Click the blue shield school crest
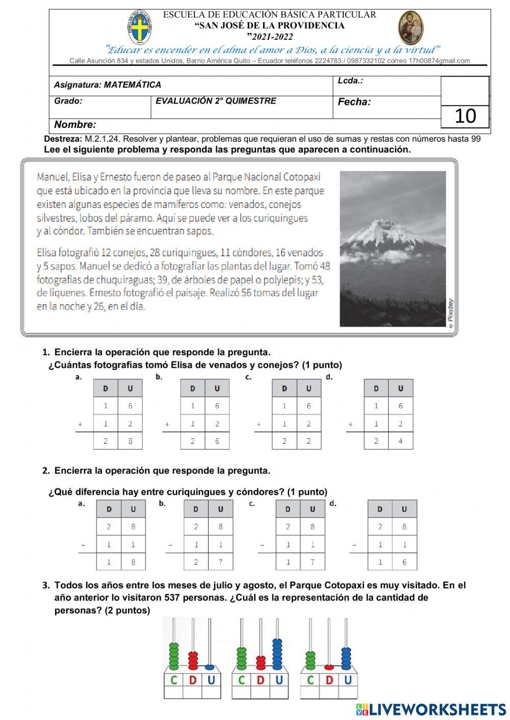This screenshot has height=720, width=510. pyautogui.click(x=139, y=28)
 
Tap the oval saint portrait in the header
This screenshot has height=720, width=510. pyautogui.click(x=410, y=28)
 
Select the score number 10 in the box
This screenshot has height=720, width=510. pyautogui.click(x=465, y=116)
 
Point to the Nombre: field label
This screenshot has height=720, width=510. pyautogui.click(x=75, y=125)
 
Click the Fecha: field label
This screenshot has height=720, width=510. pyautogui.click(x=354, y=102)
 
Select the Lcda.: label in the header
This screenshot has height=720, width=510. pyautogui.click(x=350, y=81)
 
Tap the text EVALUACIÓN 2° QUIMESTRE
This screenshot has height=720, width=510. pyautogui.click(x=216, y=101)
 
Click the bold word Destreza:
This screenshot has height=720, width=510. pyautogui.click(x=63, y=139)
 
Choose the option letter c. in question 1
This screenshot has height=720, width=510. pyautogui.click(x=248, y=377)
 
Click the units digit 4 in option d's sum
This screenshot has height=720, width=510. pyautogui.click(x=400, y=441)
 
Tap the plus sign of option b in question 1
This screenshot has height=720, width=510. pyautogui.click(x=167, y=424)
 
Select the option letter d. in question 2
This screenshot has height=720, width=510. pyautogui.click(x=333, y=503)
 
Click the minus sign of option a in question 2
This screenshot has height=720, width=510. pyautogui.click(x=83, y=545)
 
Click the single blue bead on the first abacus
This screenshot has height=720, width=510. pyautogui.click(x=209, y=666)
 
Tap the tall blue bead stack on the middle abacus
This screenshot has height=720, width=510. pyautogui.click(x=277, y=654)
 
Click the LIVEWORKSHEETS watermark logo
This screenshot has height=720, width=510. pyautogui.click(x=431, y=710)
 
